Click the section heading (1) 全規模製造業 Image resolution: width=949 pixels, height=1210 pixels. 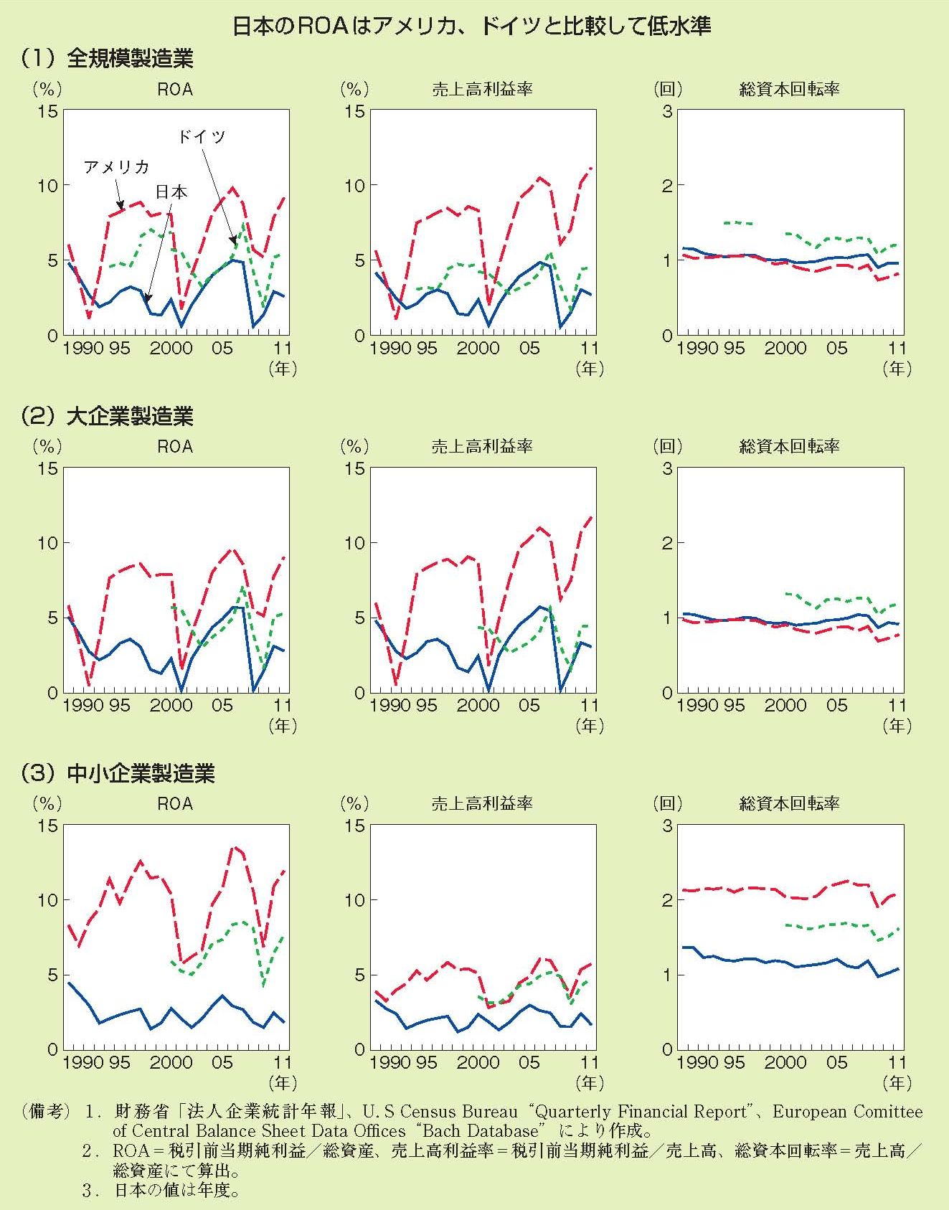coord(108,59)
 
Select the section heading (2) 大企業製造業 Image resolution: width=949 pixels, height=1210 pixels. coord(108,416)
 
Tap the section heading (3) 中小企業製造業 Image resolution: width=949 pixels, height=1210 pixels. coord(118,773)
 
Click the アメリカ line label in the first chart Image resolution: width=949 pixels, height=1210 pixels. coord(116,167)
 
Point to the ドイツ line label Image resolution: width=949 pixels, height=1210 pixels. coord(202,136)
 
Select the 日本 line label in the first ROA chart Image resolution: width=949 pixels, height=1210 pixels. coord(171,192)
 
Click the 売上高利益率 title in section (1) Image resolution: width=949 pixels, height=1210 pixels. coord(481,89)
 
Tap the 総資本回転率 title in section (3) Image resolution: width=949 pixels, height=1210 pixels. coord(789,803)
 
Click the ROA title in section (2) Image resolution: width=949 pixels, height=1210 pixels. coord(175,446)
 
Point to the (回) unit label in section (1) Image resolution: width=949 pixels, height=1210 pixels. coord(667,89)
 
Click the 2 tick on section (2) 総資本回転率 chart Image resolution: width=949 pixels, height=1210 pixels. coord(667,543)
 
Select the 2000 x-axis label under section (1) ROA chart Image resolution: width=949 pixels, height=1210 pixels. coord(171,349)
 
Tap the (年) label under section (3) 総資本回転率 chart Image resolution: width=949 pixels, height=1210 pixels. coord(897,1083)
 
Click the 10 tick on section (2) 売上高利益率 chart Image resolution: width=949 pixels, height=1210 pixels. coord(355,543)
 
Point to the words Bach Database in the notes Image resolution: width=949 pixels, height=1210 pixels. coord(480,1131)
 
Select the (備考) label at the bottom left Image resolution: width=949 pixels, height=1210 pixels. coord(46,1112)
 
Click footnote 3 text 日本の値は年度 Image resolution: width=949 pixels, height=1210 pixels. coord(176,1191)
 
